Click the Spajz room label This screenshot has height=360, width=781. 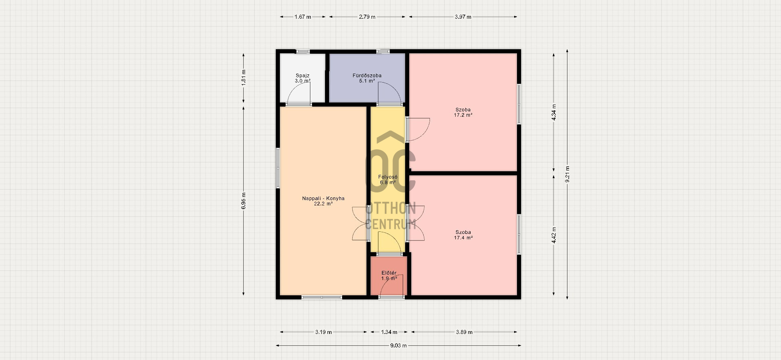click(x=303, y=76)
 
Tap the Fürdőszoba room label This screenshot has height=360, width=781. click(x=367, y=76)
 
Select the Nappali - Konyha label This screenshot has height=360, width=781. click(x=323, y=199)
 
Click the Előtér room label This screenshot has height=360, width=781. click(x=389, y=273)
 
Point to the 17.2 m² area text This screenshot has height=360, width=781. click(x=463, y=115)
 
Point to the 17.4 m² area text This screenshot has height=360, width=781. click(x=463, y=238)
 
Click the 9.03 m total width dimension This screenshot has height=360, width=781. click(x=399, y=346)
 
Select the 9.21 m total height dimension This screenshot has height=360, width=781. click(x=567, y=174)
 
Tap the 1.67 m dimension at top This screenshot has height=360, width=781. click(x=303, y=17)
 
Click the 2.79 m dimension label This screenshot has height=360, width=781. click(x=367, y=17)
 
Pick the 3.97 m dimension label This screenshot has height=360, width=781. click(x=463, y=17)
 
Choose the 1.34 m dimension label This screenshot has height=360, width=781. click(x=389, y=332)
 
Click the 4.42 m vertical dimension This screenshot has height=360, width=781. click(x=554, y=235)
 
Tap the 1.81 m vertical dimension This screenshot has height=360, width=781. click(x=244, y=78)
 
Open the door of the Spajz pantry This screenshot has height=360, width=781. click(x=299, y=96)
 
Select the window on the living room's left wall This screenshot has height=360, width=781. click(x=278, y=168)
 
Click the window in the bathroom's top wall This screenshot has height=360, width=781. click(x=383, y=51)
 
